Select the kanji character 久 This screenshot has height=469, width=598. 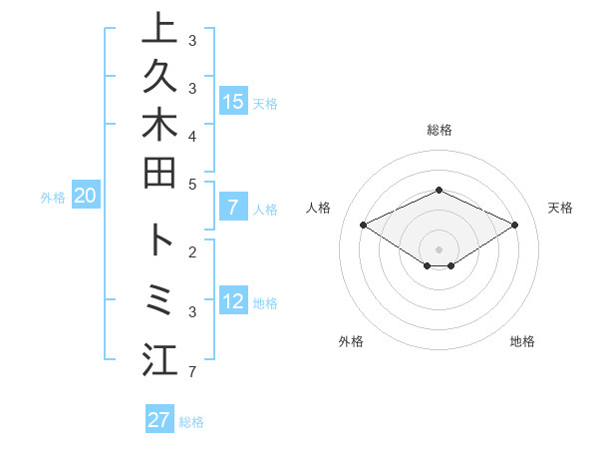tap(159, 78)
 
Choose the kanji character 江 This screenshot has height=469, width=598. tap(159, 359)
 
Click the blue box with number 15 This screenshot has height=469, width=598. tap(233, 101)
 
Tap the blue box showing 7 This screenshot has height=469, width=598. tap(233, 208)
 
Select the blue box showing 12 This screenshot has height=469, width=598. tap(233, 302)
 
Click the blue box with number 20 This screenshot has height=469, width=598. tap(86, 197)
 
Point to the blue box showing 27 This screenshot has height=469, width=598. tap(159, 420)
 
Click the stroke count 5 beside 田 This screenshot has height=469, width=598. tap(192, 184)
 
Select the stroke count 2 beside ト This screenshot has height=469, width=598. tap(192, 251)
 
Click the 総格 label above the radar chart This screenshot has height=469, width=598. tap(439, 130)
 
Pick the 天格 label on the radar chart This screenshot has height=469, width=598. tap(560, 208)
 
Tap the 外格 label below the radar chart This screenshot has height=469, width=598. tap(351, 342)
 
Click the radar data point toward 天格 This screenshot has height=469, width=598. tap(514, 226)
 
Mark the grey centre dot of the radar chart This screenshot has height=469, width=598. tap(439, 248)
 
